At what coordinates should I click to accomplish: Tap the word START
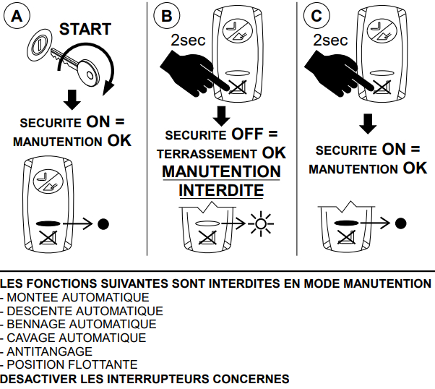85,29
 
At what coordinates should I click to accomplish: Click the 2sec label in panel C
330,40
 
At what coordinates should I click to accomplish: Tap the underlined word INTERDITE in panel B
221,191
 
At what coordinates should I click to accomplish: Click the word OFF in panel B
246,134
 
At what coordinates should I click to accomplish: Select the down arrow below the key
70,99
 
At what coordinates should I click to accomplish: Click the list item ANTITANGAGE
49,351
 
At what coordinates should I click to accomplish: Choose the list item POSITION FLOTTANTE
71,364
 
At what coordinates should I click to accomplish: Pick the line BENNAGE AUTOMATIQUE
80,324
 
